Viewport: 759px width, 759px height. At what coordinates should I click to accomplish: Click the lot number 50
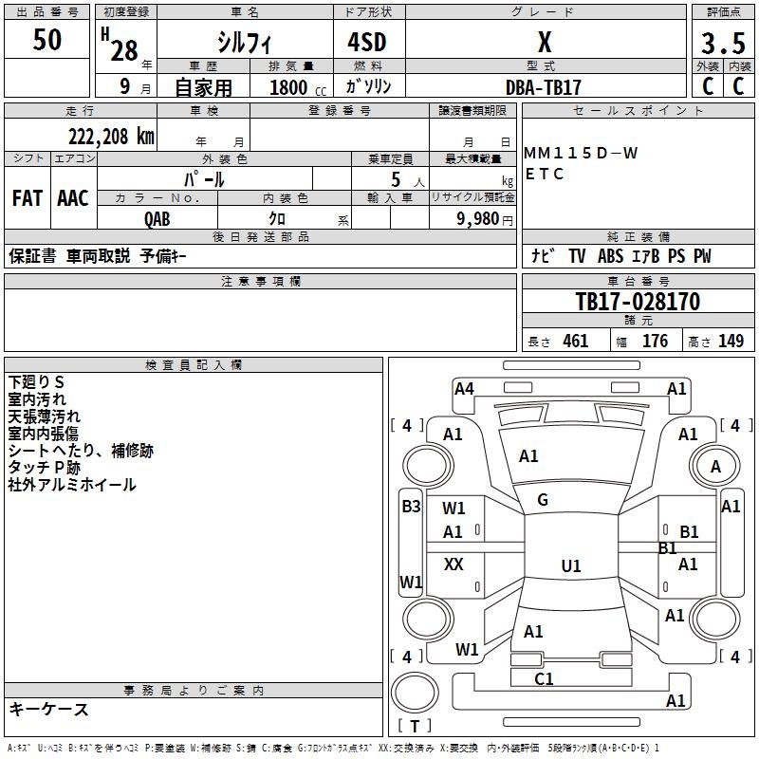[47, 41]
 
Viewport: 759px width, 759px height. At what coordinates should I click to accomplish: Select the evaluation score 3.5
[722, 44]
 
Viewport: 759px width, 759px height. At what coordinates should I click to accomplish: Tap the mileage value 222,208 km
[111, 137]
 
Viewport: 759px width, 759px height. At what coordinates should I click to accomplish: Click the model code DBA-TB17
[544, 86]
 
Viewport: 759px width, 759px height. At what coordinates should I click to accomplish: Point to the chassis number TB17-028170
[638, 302]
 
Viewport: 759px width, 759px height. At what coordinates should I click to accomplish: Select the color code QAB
[157, 217]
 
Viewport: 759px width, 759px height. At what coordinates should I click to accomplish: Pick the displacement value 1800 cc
[295, 87]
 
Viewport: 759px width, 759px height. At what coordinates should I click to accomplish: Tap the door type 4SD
[361, 44]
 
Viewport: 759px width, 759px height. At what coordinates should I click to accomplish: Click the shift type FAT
[28, 198]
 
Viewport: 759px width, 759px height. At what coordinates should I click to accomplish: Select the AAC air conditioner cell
[73, 198]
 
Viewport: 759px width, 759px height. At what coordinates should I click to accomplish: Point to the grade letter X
[544, 43]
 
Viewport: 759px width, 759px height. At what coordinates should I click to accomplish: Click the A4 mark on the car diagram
[464, 388]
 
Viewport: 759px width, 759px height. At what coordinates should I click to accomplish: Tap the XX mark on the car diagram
[454, 565]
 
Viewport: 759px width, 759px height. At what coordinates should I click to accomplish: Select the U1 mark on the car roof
[571, 566]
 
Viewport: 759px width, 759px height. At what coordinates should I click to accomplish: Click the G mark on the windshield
[543, 500]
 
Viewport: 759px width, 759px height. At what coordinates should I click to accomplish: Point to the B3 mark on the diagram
[411, 507]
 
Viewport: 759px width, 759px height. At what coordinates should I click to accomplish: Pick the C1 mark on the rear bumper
[544, 678]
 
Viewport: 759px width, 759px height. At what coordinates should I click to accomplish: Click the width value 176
[655, 342]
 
